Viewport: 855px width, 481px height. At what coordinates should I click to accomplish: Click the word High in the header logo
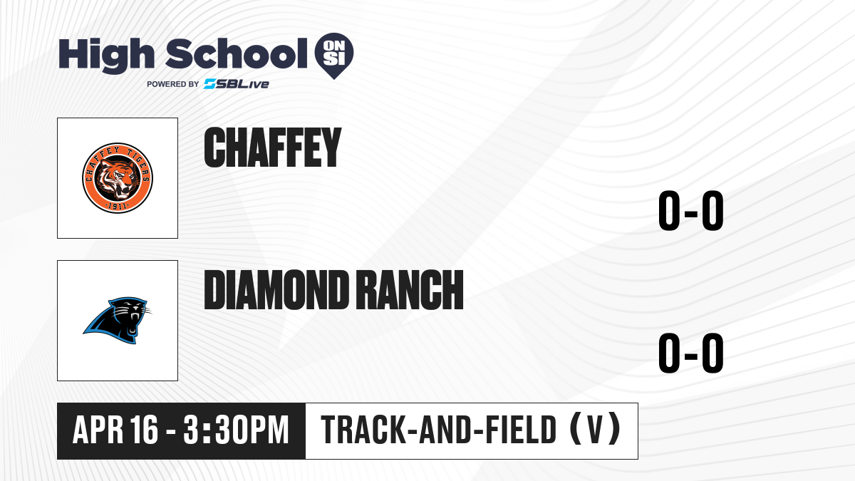pyautogui.click(x=107, y=56)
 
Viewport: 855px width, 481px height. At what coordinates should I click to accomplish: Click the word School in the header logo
pyautogui.click(x=237, y=54)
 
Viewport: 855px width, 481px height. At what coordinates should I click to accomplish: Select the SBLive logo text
pyautogui.click(x=237, y=84)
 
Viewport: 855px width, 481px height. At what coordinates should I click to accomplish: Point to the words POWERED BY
pyautogui.click(x=173, y=84)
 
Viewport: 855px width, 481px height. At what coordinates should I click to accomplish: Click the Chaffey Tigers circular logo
pyautogui.click(x=118, y=178)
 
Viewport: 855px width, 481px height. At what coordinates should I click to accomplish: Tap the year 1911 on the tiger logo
pyautogui.click(x=117, y=207)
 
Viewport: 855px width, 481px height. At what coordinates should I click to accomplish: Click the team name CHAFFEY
pyautogui.click(x=272, y=148)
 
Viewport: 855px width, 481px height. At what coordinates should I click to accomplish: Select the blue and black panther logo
pyautogui.click(x=118, y=321)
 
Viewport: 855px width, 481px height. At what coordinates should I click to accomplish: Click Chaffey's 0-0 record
pyautogui.click(x=691, y=211)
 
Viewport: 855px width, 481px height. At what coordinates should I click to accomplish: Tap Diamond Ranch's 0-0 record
pyautogui.click(x=691, y=353)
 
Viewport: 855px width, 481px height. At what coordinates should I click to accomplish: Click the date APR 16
pyautogui.click(x=115, y=430)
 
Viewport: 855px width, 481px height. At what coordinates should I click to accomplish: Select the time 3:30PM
pyautogui.click(x=236, y=430)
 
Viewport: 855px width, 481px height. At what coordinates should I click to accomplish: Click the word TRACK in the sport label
pyautogui.click(x=363, y=430)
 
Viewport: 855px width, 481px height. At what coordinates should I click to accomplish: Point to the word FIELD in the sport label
pyautogui.click(x=521, y=430)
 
